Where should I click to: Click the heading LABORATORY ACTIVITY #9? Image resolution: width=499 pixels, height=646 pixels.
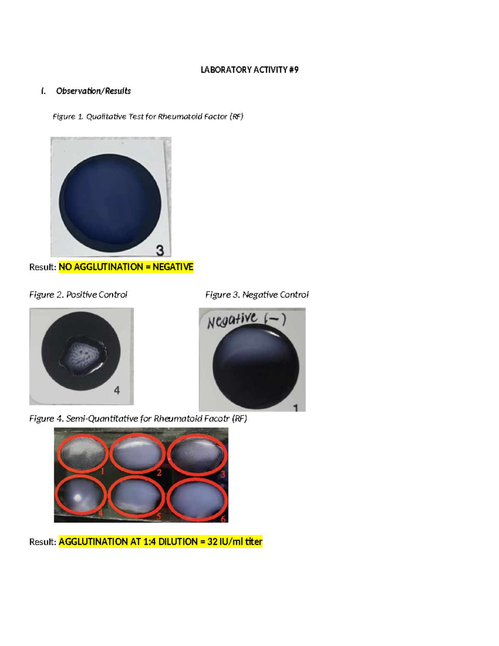point(249,70)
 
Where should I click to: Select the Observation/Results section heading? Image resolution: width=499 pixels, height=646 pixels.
point(93,91)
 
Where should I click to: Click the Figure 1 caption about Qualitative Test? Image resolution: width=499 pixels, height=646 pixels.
point(148,117)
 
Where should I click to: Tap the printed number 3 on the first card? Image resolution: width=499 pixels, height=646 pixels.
point(160,250)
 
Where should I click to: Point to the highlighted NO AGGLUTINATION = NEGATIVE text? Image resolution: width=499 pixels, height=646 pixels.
point(126,267)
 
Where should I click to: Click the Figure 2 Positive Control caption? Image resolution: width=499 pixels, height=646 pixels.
point(78,295)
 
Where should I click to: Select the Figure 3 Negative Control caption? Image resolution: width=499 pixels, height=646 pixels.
point(257,295)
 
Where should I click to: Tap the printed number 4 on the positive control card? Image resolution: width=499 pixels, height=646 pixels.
point(117,390)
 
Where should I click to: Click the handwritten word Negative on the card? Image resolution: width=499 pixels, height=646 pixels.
point(232,320)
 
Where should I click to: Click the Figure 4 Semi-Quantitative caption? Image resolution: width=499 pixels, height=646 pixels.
point(138,419)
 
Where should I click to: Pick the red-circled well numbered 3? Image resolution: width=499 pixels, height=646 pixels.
point(196,453)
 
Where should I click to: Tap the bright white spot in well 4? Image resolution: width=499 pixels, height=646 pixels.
point(77,497)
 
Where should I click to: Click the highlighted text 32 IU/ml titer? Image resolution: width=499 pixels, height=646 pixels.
point(235,542)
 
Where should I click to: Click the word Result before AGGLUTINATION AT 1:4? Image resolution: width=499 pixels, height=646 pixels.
point(42,542)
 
